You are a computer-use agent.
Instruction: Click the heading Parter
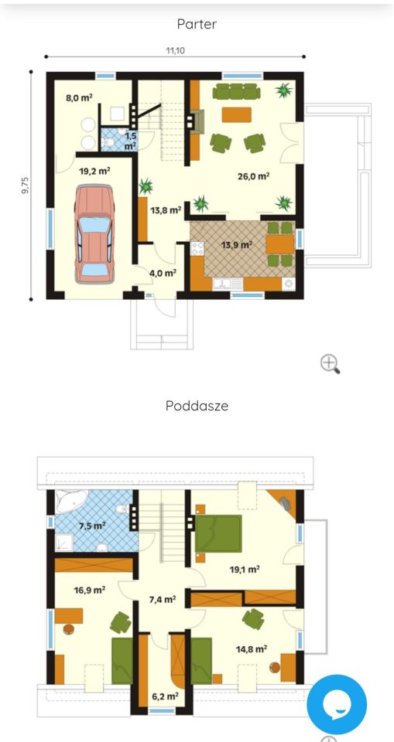click(x=197, y=24)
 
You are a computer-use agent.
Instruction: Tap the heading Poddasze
click(x=197, y=406)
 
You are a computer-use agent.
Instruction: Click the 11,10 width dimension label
click(x=175, y=50)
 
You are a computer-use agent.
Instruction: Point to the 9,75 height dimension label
click(x=26, y=185)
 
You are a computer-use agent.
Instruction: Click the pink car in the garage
click(x=95, y=234)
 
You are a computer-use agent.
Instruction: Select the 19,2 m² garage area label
click(x=95, y=171)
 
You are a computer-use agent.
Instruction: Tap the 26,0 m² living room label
click(x=254, y=176)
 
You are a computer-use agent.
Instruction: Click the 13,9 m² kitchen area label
click(x=236, y=245)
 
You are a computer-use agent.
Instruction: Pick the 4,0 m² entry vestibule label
click(x=163, y=273)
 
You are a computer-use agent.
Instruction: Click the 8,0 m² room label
click(x=79, y=98)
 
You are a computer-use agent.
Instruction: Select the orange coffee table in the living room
click(x=237, y=115)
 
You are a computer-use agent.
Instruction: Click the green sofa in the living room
click(x=236, y=92)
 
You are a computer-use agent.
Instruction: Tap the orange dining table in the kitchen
click(x=280, y=244)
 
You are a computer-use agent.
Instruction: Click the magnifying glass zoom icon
click(x=330, y=364)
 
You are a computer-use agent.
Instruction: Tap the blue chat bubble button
click(x=337, y=705)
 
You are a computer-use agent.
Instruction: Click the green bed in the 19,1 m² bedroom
click(x=218, y=533)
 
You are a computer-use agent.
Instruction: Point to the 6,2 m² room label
click(x=165, y=696)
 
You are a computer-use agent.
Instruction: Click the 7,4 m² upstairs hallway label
click(x=163, y=600)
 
